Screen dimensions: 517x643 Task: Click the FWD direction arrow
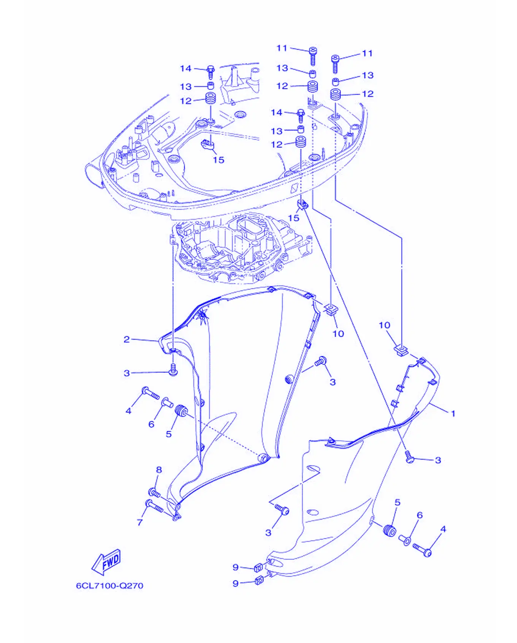106,561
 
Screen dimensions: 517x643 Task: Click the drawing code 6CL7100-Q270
109,586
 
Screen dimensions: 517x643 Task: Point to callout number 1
453,413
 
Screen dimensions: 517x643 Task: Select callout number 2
127,339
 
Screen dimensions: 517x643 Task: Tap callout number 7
140,522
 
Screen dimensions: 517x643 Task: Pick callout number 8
159,470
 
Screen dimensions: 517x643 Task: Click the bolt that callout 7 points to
154,506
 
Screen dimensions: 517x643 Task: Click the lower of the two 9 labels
236,583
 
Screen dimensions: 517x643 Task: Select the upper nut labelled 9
258,568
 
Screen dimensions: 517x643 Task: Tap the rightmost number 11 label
367,54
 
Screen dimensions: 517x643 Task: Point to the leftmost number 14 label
186,68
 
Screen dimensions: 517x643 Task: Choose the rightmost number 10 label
384,325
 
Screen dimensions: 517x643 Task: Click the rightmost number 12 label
368,94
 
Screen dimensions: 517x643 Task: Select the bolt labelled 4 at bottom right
422,549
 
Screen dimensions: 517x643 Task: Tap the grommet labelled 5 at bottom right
390,530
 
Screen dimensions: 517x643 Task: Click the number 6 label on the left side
151,424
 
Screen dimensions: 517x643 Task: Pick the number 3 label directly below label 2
127,373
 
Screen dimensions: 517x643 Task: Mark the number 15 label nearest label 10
293,218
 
